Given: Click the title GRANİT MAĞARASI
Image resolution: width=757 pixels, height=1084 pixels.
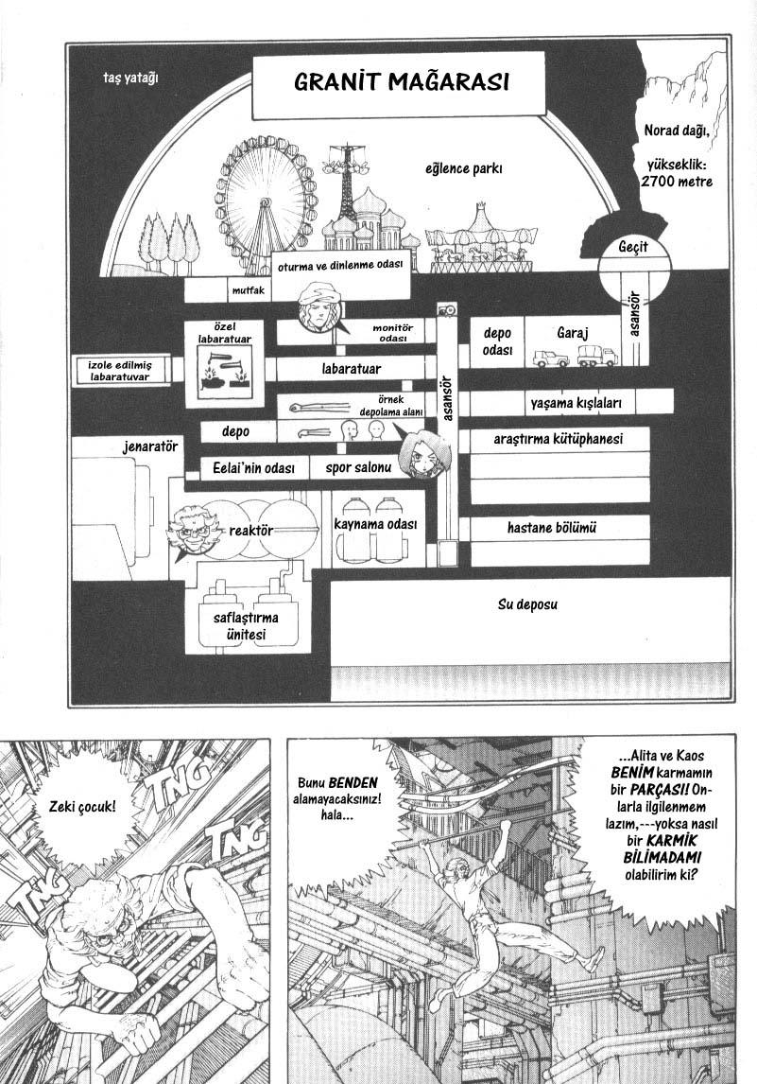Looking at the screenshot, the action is pyautogui.click(x=402, y=81).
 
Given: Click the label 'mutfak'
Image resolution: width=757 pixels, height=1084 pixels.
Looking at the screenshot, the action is pyautogui.click(x=248, y=290).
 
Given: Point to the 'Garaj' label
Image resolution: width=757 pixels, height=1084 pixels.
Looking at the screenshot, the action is pyautogui.click(x=573, y=333).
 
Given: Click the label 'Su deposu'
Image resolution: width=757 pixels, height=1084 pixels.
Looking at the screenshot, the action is pyautogui.click(x=527, y=605).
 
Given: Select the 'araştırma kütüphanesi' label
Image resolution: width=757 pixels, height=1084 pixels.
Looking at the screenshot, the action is pyautogui.click(x=559, y=439).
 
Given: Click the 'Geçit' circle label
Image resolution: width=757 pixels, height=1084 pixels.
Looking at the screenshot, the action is pyautogui.click(x=633, y=247).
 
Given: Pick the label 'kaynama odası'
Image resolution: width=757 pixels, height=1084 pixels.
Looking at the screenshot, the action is pyautogui.click(x=375, y=524).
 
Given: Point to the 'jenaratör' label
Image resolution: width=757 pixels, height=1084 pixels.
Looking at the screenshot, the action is pyautogui.click(x=150, y=447).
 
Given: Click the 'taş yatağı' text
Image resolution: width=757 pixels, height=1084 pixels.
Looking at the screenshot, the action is pyautogui.click(x=130, y=79).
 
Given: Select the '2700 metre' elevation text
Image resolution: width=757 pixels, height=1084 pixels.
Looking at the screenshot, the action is pyautogui.click(x=676, y=182).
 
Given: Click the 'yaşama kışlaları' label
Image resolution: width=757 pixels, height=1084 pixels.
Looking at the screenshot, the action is pyautogui.click(x=576, y=403).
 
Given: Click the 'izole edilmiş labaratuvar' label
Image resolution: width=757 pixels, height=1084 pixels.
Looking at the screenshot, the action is pyautogui.click(x=120, y=371).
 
